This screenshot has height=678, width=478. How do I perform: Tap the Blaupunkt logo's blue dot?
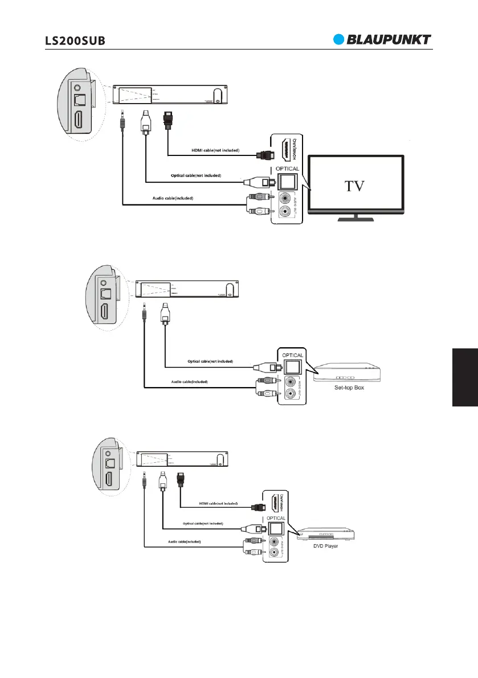pos(340,39)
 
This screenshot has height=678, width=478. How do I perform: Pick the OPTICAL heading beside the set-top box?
pos(292,354)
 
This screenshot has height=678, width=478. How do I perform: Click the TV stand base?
pos(356,219)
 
